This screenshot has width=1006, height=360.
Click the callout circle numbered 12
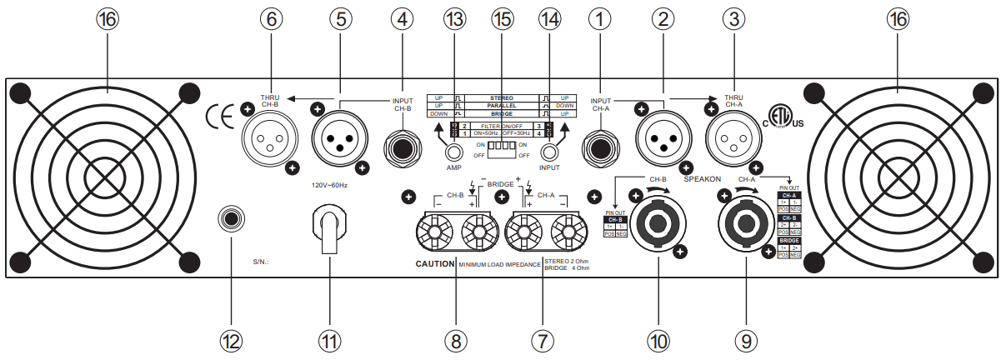coord(231,340)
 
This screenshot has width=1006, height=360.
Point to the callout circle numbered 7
coord(542,340)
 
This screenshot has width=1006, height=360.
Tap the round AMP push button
coord(453,152)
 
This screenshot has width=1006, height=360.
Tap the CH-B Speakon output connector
coord(657,222)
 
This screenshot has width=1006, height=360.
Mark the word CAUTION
coord(435,263)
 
